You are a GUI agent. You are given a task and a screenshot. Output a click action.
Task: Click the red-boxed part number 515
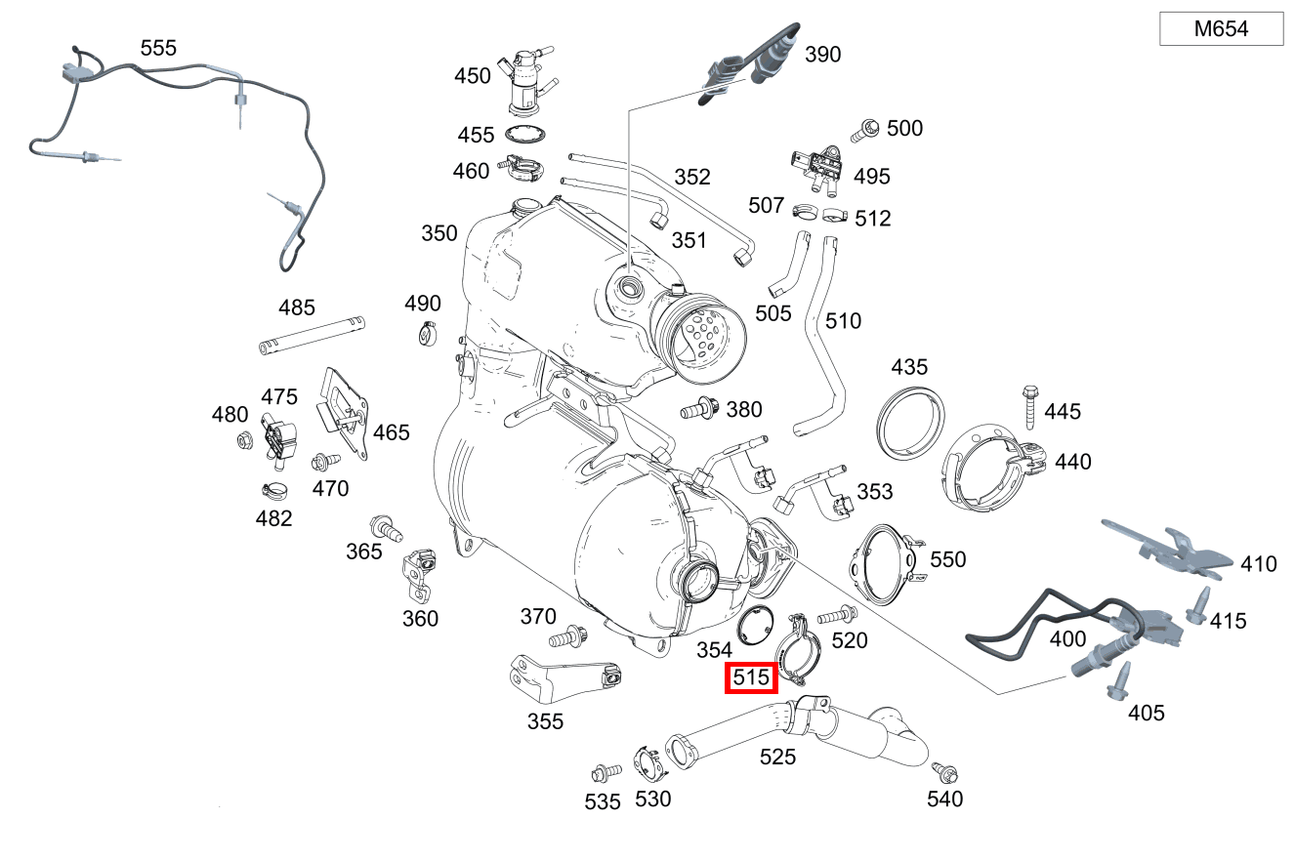[751, 676]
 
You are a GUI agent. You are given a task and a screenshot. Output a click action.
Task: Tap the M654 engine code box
[1221, 29]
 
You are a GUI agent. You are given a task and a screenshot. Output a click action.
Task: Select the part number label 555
[158, 48]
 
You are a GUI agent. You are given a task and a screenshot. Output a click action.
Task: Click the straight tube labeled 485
[313, 334]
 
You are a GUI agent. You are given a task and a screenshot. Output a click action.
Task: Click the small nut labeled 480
[245, 442]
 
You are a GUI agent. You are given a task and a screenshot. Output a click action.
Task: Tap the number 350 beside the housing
[439, 233]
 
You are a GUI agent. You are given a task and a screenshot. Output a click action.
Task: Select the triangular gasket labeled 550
[885, 565]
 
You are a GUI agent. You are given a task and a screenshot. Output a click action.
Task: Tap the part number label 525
[778, 757]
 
